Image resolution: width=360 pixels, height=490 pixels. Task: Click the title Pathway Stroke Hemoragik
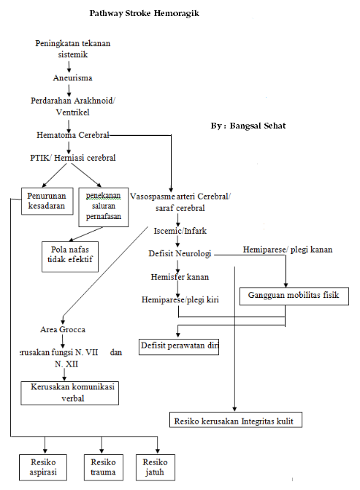click(144, 14)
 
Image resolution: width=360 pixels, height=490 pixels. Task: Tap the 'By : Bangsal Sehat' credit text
click(248, 126)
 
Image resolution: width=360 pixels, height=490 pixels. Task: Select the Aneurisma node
click(72, 77)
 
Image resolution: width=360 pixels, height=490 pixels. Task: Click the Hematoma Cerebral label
click(72, 135)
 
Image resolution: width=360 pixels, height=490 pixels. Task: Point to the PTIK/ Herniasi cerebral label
click(72, 157)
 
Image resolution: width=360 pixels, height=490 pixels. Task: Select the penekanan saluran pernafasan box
click(102, 206)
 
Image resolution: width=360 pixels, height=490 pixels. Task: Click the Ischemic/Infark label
click(180, 231)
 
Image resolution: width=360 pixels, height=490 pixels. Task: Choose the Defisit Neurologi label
click(180, 253)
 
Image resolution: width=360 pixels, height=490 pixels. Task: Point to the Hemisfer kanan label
click(180, 277)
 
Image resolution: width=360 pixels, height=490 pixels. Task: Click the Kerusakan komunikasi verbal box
click(70, 392)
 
